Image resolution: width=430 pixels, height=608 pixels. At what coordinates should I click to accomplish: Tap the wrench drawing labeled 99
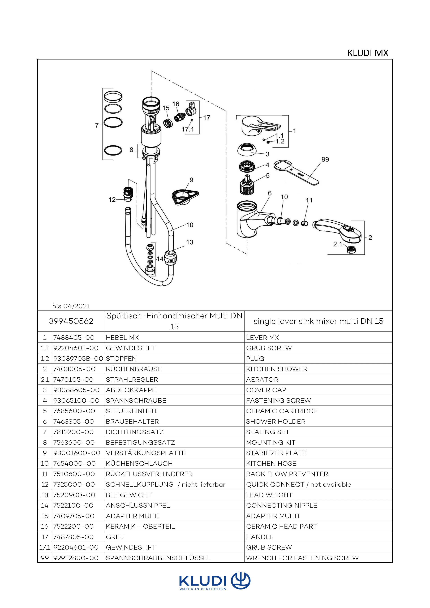point(296,172)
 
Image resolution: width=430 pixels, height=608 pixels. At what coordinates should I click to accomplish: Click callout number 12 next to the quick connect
point(112,199)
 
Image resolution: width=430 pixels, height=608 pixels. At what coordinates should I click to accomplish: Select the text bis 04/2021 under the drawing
point(71,306)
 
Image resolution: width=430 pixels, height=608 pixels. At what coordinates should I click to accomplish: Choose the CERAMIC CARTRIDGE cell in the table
point(282,411)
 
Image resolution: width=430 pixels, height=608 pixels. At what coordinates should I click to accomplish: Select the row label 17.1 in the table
point(45,547)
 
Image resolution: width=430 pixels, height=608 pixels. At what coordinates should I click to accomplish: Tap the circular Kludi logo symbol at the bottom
point(240,581)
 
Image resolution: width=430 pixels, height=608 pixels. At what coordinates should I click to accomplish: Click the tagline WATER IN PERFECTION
point(203,589)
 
